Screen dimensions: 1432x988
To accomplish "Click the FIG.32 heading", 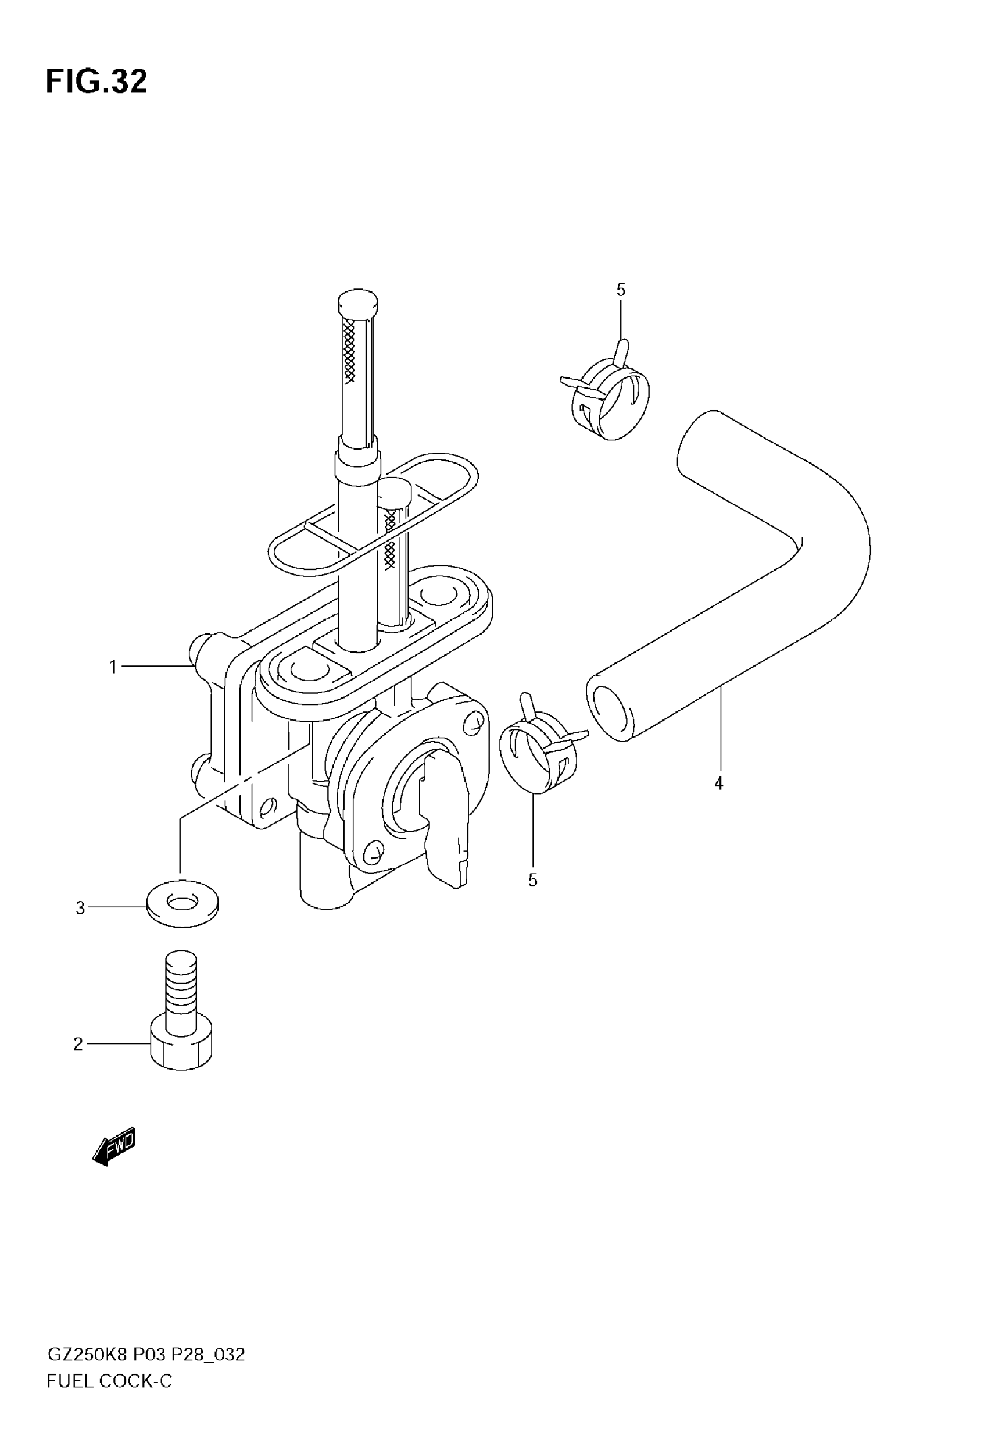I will (x=96, y=82).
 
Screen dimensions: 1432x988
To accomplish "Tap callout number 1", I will (x=113, y=667).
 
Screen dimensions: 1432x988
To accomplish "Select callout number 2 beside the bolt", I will (x=78, y=1044).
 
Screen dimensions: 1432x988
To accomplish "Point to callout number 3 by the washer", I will (x=80, y=908).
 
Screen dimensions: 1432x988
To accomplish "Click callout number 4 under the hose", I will (x=719, y=783).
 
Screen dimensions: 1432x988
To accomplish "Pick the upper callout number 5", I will (x=621, y=290).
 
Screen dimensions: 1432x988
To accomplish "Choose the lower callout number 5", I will (x=533, y=880).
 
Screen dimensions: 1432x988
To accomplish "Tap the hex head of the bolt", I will (x=181, y=1047).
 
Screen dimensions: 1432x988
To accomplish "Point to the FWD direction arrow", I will (x=114, y=1146).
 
